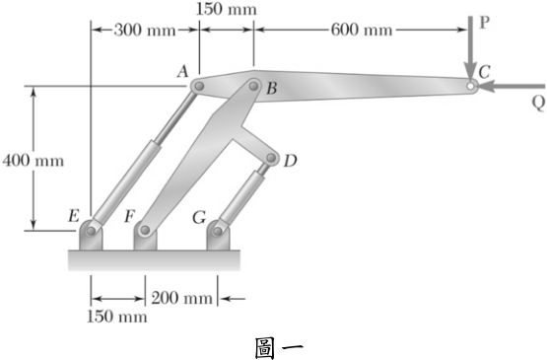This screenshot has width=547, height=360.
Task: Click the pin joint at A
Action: click(199, 86)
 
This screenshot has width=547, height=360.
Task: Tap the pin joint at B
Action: click(254, 85)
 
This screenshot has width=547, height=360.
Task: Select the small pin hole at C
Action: click(470, 86)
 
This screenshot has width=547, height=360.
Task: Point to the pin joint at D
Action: click(270, 158)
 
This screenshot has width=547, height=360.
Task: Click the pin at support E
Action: click(92, 231)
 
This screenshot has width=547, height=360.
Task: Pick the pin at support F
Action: click(145, 231)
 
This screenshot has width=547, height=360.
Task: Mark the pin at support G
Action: click(218, 231)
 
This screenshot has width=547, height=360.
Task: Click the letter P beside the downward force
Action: click(485, 23)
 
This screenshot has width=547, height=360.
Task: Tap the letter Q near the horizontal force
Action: click(538, 104)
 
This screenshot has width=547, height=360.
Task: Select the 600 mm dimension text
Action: click(362, 30)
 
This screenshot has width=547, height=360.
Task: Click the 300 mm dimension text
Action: click(145, 31)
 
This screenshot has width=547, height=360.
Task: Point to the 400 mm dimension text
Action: click(34, 161)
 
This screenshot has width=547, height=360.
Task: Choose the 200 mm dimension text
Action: click(181, 298)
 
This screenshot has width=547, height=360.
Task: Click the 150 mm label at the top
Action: click(226, 9)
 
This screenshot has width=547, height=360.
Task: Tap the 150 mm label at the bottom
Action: click(117, 317)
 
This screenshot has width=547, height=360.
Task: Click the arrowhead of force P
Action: click(470, 73)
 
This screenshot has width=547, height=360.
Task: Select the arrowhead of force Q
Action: click(487, 86)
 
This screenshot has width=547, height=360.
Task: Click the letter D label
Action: click(290, 161)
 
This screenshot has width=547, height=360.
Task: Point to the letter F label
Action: click(130, 216)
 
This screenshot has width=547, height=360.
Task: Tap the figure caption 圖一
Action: click(279, 348)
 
